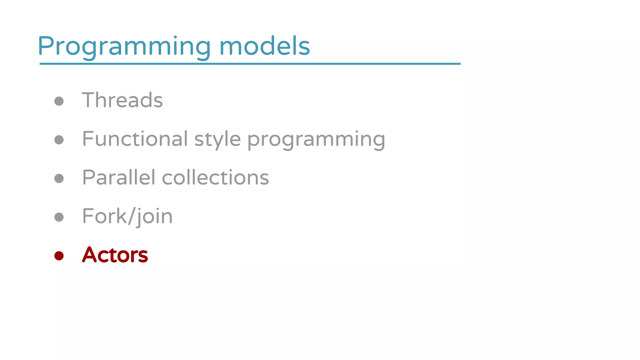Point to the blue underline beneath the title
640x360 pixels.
coord(250,64)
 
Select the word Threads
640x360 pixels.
coord(122,100)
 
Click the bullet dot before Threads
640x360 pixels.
coord(59,101)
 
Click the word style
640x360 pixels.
coord(217,139)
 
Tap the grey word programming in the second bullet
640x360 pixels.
coord(316,140)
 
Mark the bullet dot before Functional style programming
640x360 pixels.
coord(59,140)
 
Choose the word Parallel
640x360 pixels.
coord(118,177)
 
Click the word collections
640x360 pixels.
coord(215,177)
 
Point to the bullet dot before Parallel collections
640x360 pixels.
coord(59,178)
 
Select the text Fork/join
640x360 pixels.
coord(127,216)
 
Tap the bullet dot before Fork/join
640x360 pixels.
coord(59,217)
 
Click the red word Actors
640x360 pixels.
coord(115,255)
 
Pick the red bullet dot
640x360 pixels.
coord(59,256)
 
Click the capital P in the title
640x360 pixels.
coord(46,46)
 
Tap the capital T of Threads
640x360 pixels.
coord(89,100)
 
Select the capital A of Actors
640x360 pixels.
coord(89,255)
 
